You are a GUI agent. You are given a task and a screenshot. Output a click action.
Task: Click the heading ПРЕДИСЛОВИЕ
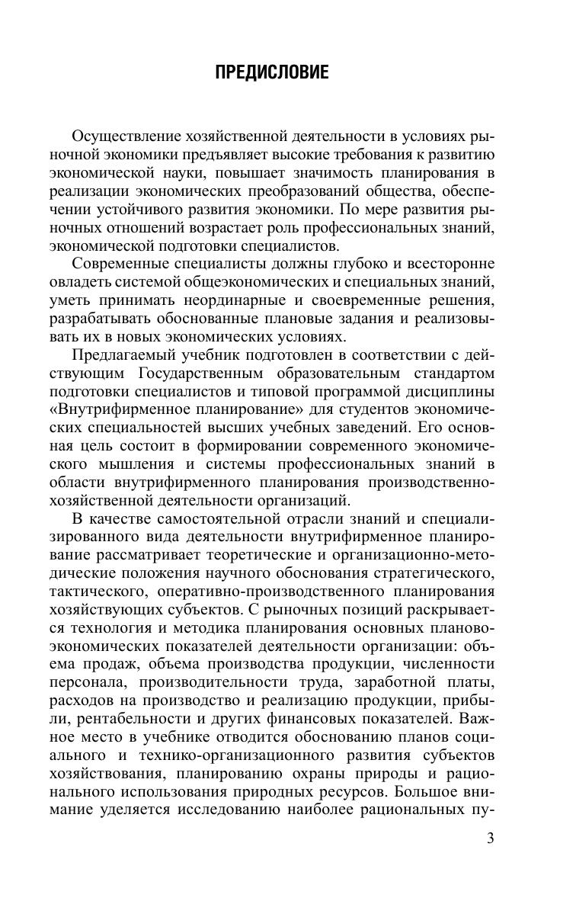point(272,73)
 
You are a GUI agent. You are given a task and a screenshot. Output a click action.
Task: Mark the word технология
point(113,630)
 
